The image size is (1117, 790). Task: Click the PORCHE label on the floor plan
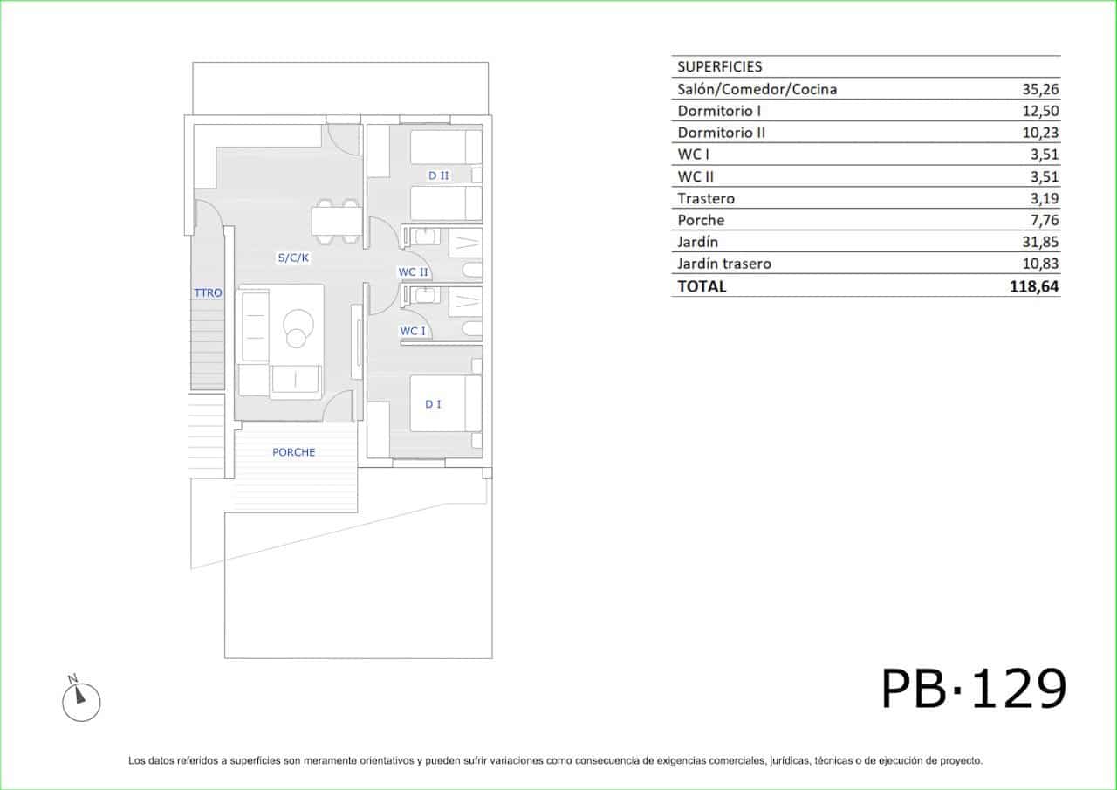point(294,452)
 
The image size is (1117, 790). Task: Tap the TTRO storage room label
point(208,292)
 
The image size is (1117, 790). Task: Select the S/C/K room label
point(293,258)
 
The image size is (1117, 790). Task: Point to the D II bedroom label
point(439,175)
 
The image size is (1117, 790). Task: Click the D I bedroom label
point(433,404)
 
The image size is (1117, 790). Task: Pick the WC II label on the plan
point(413,271)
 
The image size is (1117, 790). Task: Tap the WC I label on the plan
point(413,331)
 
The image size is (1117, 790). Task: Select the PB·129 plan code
point(973,689)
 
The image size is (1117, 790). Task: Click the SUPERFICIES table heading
point(720,67)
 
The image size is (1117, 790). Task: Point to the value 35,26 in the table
point(1040,89)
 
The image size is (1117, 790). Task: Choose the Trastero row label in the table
point(706,198)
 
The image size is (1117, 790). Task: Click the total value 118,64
point(1034,286)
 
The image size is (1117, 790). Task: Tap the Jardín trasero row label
point(724,264)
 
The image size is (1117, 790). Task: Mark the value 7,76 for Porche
point(1045,220)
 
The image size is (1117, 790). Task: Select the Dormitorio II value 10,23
point(1040,133)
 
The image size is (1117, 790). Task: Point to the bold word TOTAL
point(702,286)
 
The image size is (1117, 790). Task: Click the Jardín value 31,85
point(1040,242)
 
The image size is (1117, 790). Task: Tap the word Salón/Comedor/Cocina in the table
point(757,89)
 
